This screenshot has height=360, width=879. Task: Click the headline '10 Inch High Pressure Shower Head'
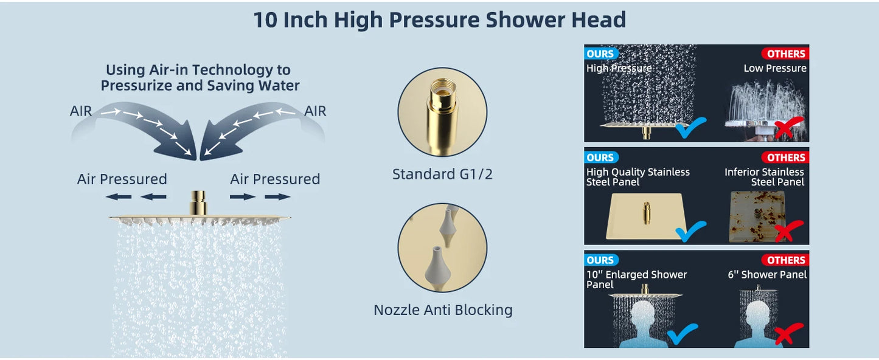point(439,20)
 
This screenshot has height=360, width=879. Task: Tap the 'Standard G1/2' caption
point(442,175)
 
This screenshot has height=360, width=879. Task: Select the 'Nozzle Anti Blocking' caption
point(443,310)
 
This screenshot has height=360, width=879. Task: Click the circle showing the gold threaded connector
point(442,112)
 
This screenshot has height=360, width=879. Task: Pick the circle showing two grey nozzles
point(442,247)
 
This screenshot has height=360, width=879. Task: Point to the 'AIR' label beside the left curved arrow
point(81,111)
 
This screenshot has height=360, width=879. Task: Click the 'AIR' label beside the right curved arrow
point(315,111)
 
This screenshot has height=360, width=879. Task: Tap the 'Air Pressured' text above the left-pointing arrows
point(122,179)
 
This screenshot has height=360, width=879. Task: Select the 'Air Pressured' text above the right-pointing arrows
point(275,179)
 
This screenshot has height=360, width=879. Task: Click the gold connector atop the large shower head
point(198,202)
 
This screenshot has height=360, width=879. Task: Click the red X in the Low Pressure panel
point(789,127)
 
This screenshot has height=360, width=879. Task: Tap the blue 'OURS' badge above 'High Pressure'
point(601,54)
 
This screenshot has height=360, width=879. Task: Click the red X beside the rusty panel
point(789,230)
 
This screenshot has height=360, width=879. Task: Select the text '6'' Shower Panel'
point(767,275)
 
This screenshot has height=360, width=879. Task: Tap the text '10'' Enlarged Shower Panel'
point(636,279)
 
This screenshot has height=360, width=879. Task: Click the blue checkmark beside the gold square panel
point(690,230)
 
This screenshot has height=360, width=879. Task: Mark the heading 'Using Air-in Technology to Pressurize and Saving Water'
point(200,78)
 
